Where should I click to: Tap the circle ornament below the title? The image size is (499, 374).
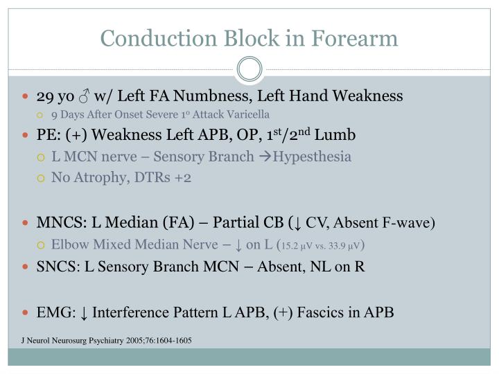[249, 69]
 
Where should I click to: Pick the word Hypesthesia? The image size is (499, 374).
[312, 157]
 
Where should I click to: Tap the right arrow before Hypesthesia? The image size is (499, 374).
[264, 157]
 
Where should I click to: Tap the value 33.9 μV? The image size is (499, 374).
[344, 245]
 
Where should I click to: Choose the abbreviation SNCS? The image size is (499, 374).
[58, 267]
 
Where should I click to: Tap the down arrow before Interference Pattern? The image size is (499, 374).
[84, 312]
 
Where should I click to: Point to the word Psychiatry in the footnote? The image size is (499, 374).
[99, 341]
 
